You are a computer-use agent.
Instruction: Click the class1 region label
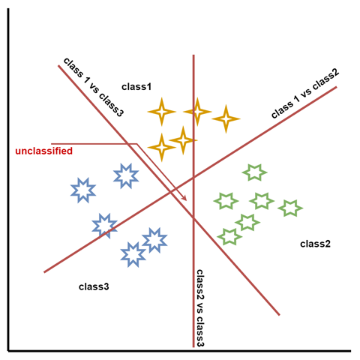tap(136, 87)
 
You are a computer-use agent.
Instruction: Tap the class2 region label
tap(315, 244)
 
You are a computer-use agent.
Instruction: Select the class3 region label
tap(94, 286)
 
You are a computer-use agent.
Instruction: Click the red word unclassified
tap(44, 151)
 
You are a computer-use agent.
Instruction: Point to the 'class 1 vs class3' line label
tap(94, 87)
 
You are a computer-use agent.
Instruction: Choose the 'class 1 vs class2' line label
tap(305, 93)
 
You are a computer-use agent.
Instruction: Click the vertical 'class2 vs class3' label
tap(200, 308)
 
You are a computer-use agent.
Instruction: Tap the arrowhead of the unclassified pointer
tap(184, 198)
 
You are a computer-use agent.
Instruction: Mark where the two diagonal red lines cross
tap(170, 192)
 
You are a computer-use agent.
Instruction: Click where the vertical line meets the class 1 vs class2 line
tap(193, 178)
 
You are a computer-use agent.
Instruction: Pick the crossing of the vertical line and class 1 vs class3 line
tap(193, 218)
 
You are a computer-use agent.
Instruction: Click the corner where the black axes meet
tap(9, 351)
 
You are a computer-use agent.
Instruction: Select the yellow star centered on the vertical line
tap(197, 112)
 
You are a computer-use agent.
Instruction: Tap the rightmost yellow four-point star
tap(226, 119)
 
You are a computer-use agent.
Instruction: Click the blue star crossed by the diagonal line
tap(104, 226)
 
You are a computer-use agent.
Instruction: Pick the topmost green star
tap(254, 172)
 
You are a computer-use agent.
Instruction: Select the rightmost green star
tap(290, 208)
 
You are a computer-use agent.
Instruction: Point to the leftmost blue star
tap(83, 190)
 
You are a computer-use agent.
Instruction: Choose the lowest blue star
tap(133, 254)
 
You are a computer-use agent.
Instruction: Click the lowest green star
tap(229, 236)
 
